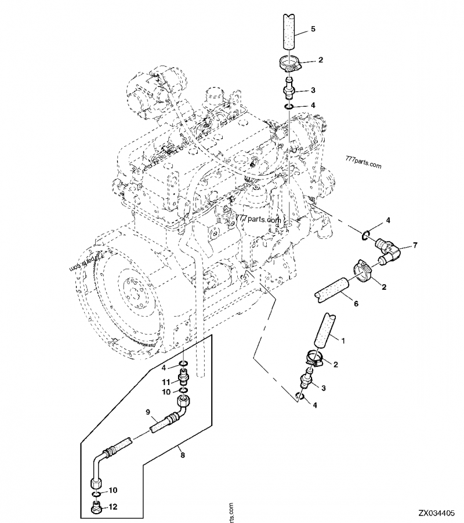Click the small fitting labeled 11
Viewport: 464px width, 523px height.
[183, 380]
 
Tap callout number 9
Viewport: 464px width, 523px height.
[147, 413]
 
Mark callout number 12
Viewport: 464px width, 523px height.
[113, 506]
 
